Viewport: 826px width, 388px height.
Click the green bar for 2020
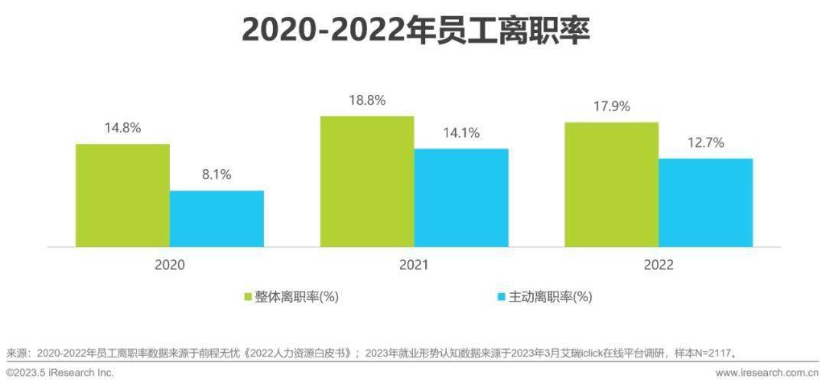pyautogui.click(x=122, y=195)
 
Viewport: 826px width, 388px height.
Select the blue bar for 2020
pyautogui.click(x=216, y=219)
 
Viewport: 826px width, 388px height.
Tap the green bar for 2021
pyautogui.click(x=367, y=181)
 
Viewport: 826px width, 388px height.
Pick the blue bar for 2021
pyautogui.click(x=461, y=197)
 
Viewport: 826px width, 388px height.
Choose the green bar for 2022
pyautogui.click(x=612, y=184)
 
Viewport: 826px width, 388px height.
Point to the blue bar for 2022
pyautogui.click(x=706, y=203)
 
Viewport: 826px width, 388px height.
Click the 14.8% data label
pyautogui.click(x=122, y=128)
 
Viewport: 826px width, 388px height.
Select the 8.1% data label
pyautogui.click(x=216, y=174)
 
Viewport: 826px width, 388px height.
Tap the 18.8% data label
pyautogui.click(x=367, y=100)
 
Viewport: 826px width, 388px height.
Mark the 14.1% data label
pyautogui.click(x=461, y=133)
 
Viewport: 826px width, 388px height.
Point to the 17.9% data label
pyautogui.click(x=612, y=106)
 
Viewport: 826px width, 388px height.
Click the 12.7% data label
pyautogui.click(x=706, y=142)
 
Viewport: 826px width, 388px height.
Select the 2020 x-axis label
pyautogui.click(x=170, y=265)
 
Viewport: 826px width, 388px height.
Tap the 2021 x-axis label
pyautogui.click(x=414, y=265)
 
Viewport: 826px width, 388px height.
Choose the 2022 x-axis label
pyautogui.click(x=659, y=265)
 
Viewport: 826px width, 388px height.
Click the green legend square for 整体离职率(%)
pyautogui.click(x=248, y=297)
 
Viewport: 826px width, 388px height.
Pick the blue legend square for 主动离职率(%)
pyautogui.click(x=502, y=297)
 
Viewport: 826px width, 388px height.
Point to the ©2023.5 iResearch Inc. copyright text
pyautogui.click(x=60, y=373)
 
